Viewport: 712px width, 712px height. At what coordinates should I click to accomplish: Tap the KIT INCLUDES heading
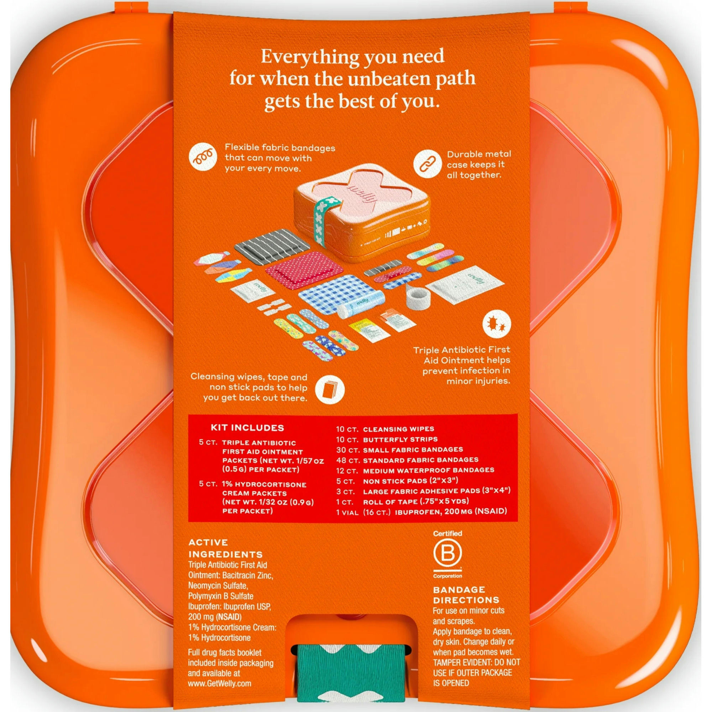247,428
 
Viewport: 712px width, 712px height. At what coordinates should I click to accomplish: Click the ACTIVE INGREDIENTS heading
225,548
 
